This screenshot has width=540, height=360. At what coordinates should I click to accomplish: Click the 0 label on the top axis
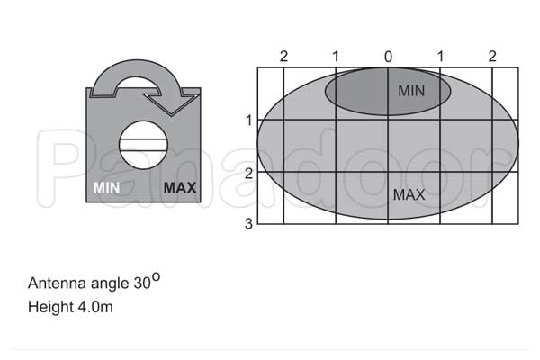coord(388,57)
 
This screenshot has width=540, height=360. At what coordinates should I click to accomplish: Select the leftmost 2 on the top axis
coord(283,56)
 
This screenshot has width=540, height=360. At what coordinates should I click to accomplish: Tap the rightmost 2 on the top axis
coord(492,56)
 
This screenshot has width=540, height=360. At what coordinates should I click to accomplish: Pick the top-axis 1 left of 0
coord(336,56)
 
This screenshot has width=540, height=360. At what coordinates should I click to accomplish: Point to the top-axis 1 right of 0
coord(440,56)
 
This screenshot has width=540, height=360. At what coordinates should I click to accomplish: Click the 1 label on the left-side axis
coord(249,121)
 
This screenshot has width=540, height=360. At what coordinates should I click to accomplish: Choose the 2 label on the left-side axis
coord(248,174)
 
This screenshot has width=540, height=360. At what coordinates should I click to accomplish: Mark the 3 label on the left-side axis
coord(248,224)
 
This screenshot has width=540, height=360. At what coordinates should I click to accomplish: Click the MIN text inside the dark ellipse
coord(411,91)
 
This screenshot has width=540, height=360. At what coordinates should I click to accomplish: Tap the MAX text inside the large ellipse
coord(409,195)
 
